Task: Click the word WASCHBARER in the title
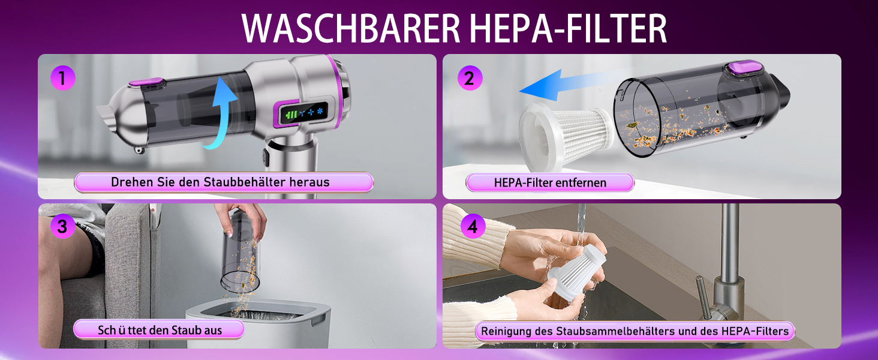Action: pyautogui.click(x=351, y=28)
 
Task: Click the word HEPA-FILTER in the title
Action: pyautogui.click(x=569, y=28)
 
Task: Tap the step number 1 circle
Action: pyautogui.click(x=63, y=78)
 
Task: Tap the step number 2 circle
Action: pyautogui.click(x=470, y=78)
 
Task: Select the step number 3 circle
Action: pyautogui.click(x=63, y=226)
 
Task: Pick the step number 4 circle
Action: pyautogui.click(x=473, y=226)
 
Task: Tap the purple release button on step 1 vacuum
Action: pyautogui.click(x=146, y=83)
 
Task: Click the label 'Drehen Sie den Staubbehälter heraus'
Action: pyautogui.click(x=220, y=182)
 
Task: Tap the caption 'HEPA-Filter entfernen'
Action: pyautogui.click(x=550, y=183)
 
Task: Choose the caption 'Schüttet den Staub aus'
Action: pyautogui.click(x=160, y=330)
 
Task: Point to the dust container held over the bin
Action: pyautogui.click(x=240, y=255)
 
